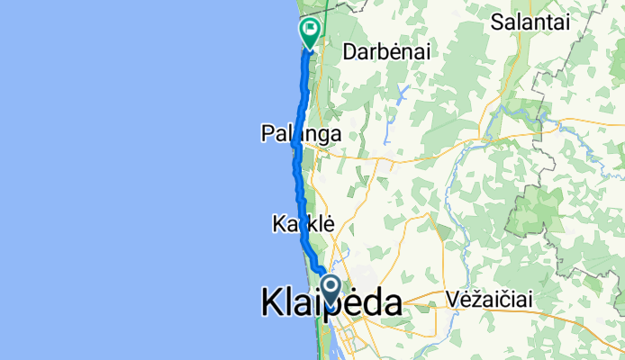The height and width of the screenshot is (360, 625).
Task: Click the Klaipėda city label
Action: [331, 303]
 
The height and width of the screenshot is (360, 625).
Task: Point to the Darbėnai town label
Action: [386, 53]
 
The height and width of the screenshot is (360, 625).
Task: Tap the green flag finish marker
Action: [310, 32]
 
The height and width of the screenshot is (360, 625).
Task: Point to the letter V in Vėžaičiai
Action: [451, 300]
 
